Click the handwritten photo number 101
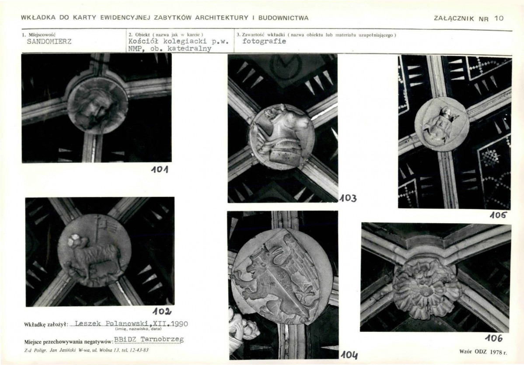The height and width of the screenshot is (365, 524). point(159,170)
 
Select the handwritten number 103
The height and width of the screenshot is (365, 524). point(348,198)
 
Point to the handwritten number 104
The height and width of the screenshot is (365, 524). point(349,354)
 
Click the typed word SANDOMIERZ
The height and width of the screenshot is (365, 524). point(49,42)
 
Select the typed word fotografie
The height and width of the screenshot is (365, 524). point(264,41)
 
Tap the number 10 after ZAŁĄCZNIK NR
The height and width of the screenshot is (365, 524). point(499,18)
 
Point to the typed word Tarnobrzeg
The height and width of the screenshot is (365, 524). point(162,340)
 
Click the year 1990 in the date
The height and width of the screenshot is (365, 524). point(180,323)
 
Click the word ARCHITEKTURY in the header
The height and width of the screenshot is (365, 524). point(222,18)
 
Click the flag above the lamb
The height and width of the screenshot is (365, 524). point(107,224)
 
